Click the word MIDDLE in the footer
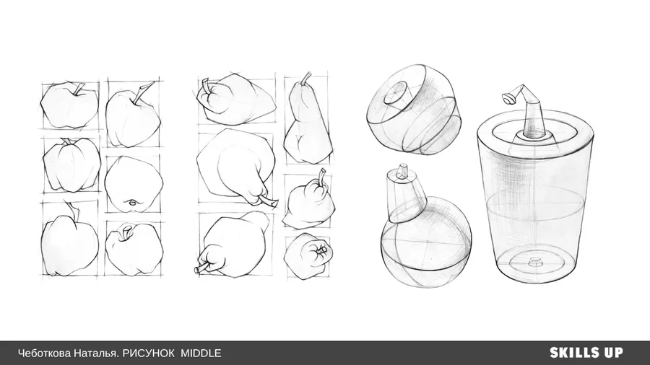pos(201,353)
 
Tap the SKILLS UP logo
pos(586,353)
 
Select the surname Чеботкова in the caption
pos(44,353)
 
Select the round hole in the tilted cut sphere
pos(397,93)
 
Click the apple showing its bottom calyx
pos(134,184)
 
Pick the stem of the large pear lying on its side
pos(268,203)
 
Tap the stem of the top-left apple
pos(78,89)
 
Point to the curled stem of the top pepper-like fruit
pos(206,87)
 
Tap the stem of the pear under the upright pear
pos(321,176)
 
